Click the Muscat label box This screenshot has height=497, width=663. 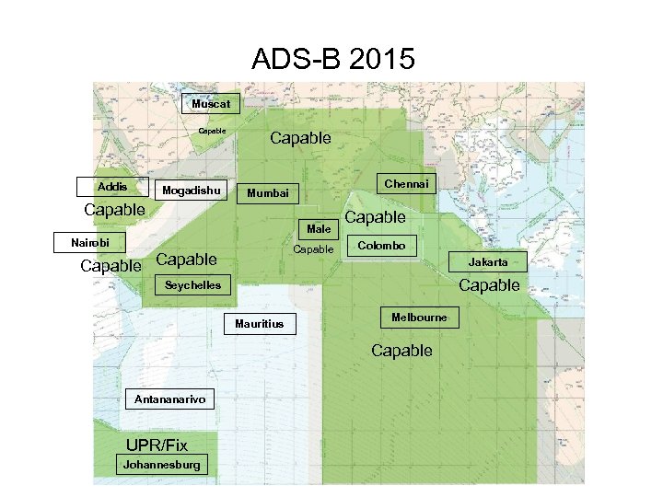[211, 104]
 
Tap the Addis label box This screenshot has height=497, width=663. [112, 187]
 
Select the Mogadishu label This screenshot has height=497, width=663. [191, 191]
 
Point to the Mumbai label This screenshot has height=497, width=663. [267, 193]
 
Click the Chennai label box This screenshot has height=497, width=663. [406, 184]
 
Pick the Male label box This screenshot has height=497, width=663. [319, 228]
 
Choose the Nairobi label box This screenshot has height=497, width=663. [87, 243]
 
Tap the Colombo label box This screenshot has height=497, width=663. [381, 246]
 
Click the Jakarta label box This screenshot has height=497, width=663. [487, 262]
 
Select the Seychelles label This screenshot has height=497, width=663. [192, 285]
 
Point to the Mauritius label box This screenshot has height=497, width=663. [260, 324]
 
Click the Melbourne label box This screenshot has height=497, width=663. [419, 318]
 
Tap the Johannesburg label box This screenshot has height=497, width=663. [161, 465]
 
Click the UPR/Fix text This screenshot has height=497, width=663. [157, 446]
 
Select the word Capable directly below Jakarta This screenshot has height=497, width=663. [489, 285]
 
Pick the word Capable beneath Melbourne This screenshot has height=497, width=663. [401, 351]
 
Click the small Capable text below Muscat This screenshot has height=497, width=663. [212, 131]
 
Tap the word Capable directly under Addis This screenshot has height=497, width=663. [114, 210]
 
